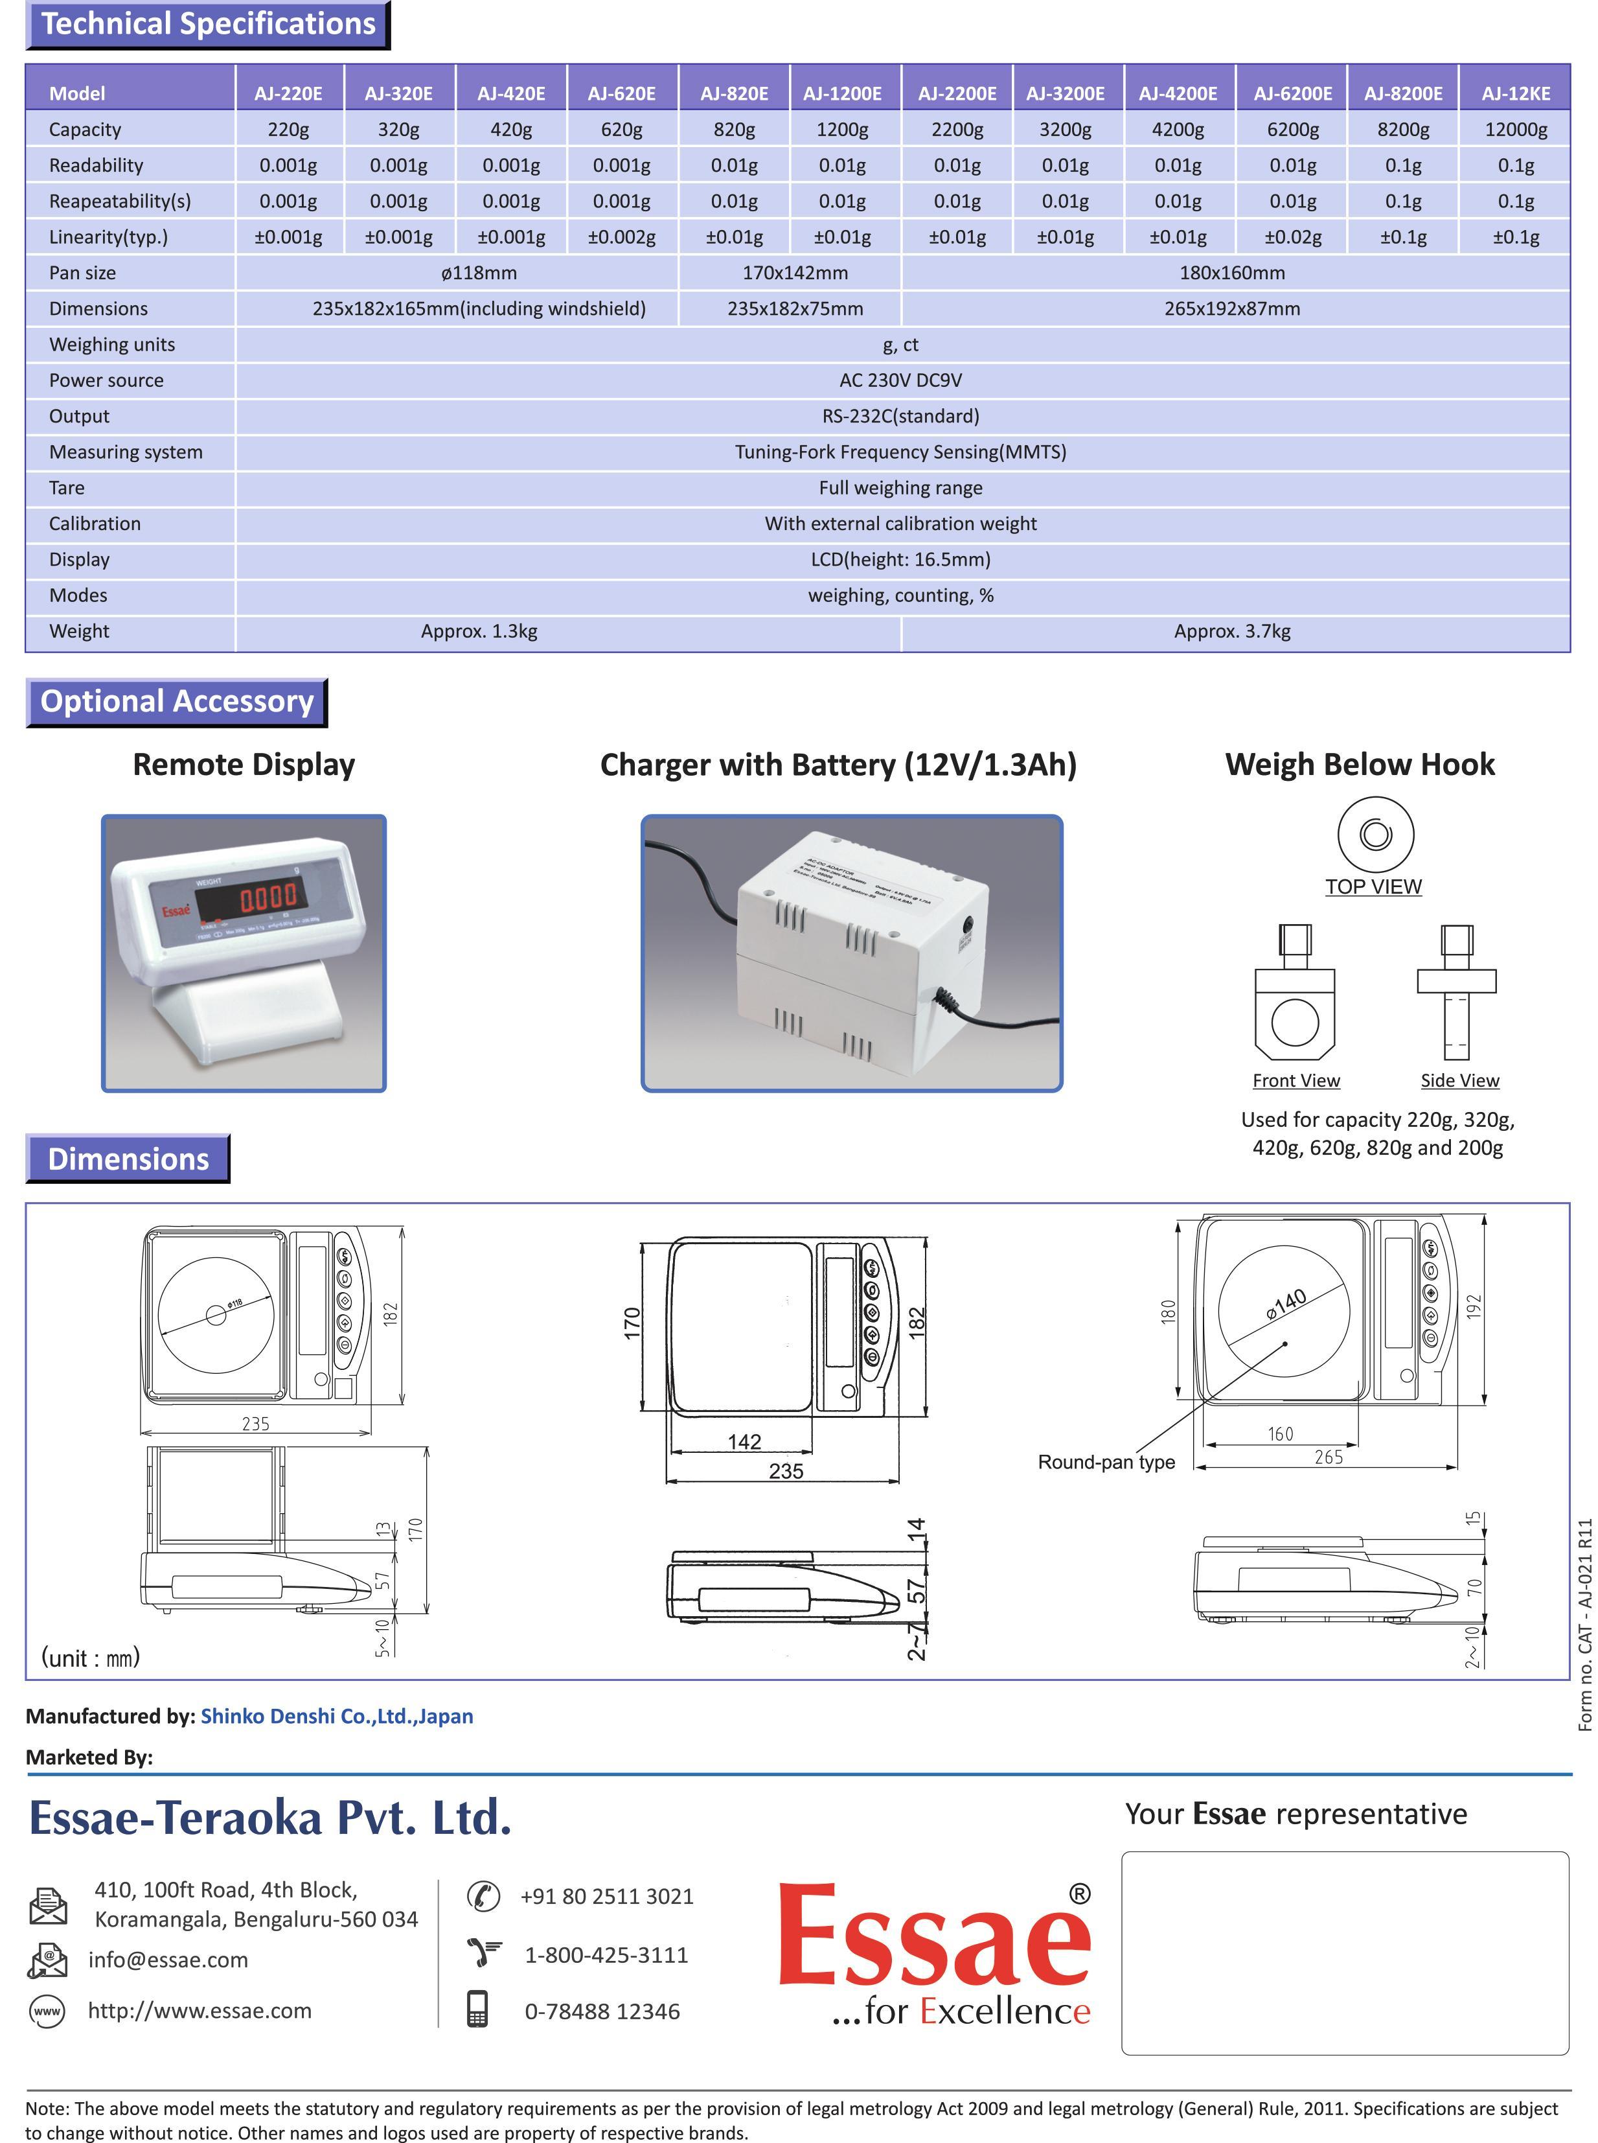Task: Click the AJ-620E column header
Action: click(621, 94)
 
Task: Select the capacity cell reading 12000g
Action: click(1515, 130)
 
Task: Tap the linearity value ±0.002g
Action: click(621, 237)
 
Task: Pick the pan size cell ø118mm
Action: click(479, 273)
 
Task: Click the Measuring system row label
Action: click(126, 452)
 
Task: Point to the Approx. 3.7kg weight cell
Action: click(1231, 631)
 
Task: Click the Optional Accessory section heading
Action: click(177, 701)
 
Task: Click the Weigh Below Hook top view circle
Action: click(1375, 834)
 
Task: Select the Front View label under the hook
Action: click(1296, 1081)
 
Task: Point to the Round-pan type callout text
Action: click(1106, 1462)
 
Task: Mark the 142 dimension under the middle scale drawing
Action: click(744, 1442)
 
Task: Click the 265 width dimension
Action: click(1328, 1457)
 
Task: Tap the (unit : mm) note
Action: click(90, 1658)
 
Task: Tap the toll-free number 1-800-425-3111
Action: click(606, 1954)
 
